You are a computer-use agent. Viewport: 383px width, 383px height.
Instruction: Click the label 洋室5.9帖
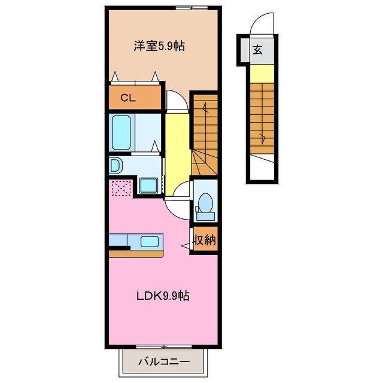pos(158,45)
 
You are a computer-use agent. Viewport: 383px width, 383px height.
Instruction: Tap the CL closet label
pos(127,98)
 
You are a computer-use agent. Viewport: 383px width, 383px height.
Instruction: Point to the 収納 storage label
pos(205,241)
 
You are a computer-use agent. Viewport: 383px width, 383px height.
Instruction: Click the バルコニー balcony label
pos(164,362)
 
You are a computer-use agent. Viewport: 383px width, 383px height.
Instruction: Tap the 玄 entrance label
pos(257,51)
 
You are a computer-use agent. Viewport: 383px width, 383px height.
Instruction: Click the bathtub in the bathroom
pos(122,133)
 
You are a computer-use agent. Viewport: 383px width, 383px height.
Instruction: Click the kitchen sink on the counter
pos(150,242)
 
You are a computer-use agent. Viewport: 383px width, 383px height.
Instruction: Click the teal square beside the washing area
pos(147,186)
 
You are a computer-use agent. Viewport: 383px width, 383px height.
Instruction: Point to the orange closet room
pos(135,98)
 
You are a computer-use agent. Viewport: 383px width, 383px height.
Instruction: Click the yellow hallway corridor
pos(177,150)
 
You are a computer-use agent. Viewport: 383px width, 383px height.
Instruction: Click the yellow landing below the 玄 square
pos(262,74)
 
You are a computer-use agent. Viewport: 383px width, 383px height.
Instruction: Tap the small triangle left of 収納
pos(186,245)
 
